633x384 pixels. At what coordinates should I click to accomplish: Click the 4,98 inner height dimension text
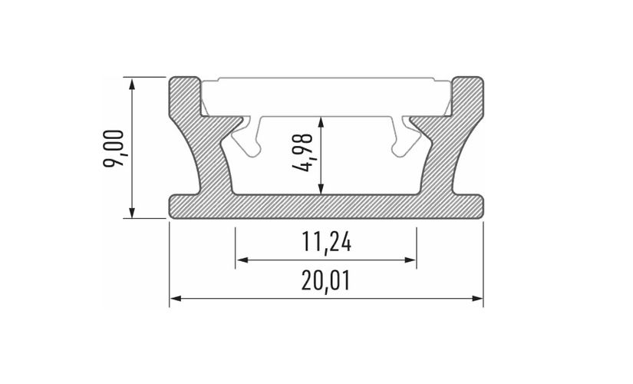point(307,154)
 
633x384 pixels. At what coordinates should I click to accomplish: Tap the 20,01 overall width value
point(325,282)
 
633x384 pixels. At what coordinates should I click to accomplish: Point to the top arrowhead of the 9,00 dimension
point(134,82)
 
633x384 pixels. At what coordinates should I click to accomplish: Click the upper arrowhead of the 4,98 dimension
point(323,121)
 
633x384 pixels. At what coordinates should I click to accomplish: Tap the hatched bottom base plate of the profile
point(325,205)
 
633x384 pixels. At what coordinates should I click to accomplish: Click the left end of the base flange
point(175,205)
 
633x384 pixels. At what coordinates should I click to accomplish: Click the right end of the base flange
point(477,205)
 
